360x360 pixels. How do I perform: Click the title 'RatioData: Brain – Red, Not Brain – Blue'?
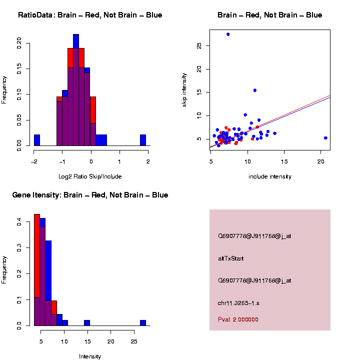click(90, 15)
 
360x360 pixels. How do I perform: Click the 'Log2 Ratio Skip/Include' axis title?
click(90, 176)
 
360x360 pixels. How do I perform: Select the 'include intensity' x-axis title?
click(270, 176)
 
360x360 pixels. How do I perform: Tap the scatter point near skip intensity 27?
click(228, 34)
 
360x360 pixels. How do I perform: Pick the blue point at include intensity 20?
click(325, 138)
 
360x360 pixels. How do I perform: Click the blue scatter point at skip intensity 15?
click(255, 90)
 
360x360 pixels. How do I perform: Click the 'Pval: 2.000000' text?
click(237, 319)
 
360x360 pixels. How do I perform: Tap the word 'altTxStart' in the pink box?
click(231, 258)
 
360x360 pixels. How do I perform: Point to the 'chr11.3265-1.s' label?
click(238, 303)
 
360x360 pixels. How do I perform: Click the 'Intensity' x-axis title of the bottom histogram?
click(90, 356)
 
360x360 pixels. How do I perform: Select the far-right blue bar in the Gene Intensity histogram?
click(143, 323)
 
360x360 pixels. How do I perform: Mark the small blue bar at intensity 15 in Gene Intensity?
click(87, 323)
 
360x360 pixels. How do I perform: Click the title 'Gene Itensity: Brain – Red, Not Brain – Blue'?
click(90, 195)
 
